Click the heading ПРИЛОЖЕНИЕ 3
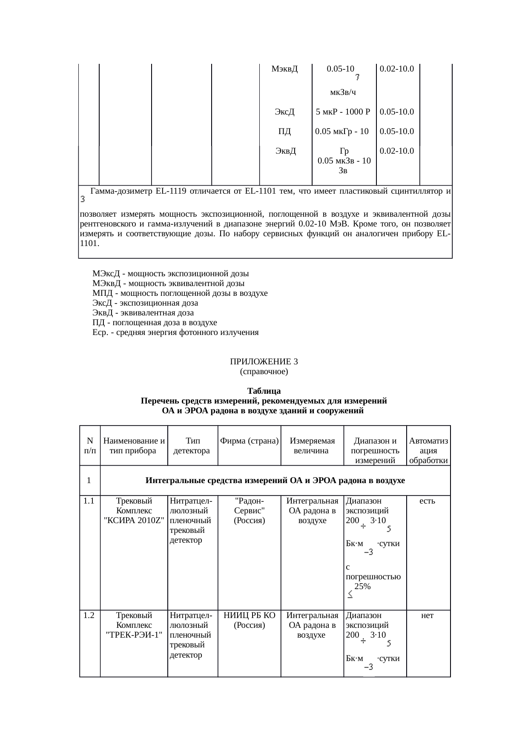coord(264,362)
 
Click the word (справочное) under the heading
coord(264,372)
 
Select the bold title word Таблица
coord(264,391)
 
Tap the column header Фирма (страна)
coord(249,441)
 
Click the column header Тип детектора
coord(193,446)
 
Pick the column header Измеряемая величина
coord(312,446)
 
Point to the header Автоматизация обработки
coord(428,450)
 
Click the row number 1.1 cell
coord(89,501)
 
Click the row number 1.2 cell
coord(89,615)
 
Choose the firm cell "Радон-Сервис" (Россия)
coord(250,511)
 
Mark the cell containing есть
coord(427,501)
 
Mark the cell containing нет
coord(427,615)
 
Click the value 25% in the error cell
coord(362,587)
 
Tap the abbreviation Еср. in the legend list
coord(100,332)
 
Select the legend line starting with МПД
coord(180,293)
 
